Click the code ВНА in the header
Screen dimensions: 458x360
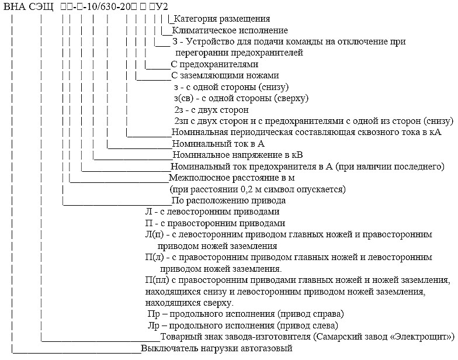(14, 7)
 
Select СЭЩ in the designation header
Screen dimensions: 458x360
(41, 7)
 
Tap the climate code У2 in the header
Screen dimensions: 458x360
(162, 7)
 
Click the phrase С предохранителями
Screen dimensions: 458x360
(215, 64)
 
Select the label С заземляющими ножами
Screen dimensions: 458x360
(225, 75)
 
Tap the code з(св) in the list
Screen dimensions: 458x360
(183, 98)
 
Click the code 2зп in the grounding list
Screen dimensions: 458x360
(181, 121)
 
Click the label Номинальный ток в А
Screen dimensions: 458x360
(218, 144)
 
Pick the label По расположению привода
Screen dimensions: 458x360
(228, 201)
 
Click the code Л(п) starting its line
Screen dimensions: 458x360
(154, 235)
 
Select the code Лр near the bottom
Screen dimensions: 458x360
(154, 326)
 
